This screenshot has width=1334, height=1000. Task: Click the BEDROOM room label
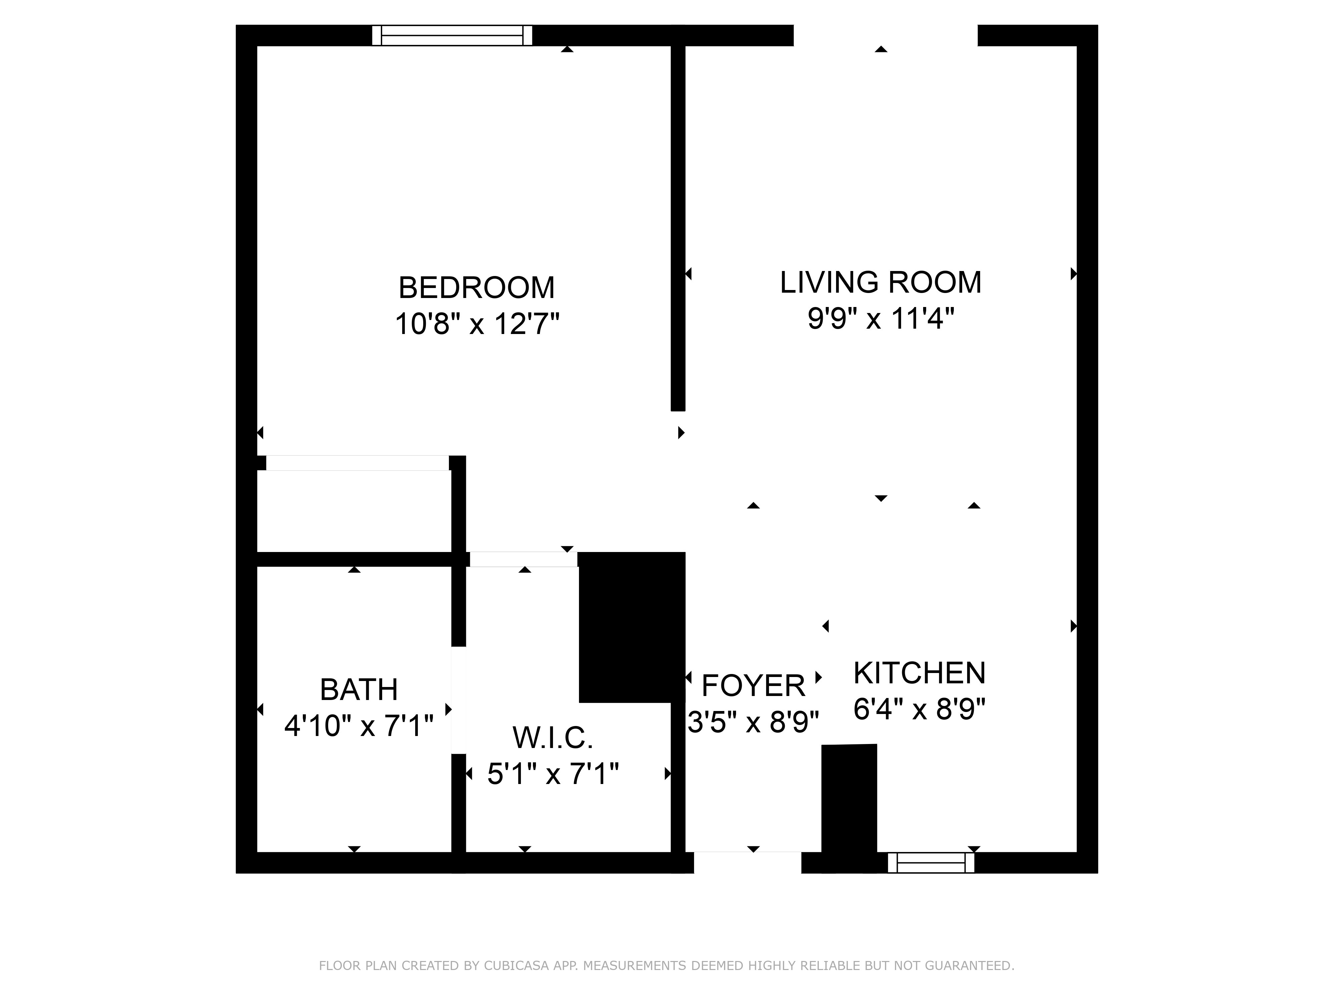pos(477,288)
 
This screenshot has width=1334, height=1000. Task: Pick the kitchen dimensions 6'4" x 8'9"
pos(919,709)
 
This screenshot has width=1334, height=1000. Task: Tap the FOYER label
pos(753,685)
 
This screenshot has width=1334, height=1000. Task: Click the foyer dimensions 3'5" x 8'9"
pos(753,722)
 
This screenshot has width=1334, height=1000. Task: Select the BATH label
pos(359,690)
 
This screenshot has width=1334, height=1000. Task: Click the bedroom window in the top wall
pos(452,36)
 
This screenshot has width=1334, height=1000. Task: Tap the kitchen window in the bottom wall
pos(931,863)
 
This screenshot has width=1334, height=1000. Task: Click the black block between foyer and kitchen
pos(849,808)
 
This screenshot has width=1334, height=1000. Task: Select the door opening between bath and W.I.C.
pos(459,700)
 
